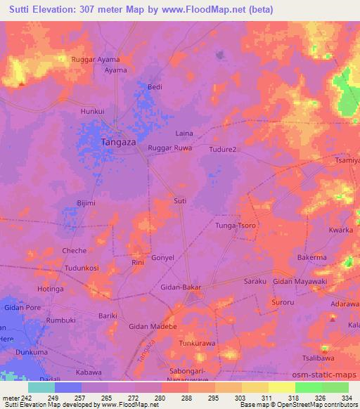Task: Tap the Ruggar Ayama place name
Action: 96,60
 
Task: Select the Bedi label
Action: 155,87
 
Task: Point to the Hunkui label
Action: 93,111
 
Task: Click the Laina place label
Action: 184,133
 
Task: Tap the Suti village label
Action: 180,201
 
